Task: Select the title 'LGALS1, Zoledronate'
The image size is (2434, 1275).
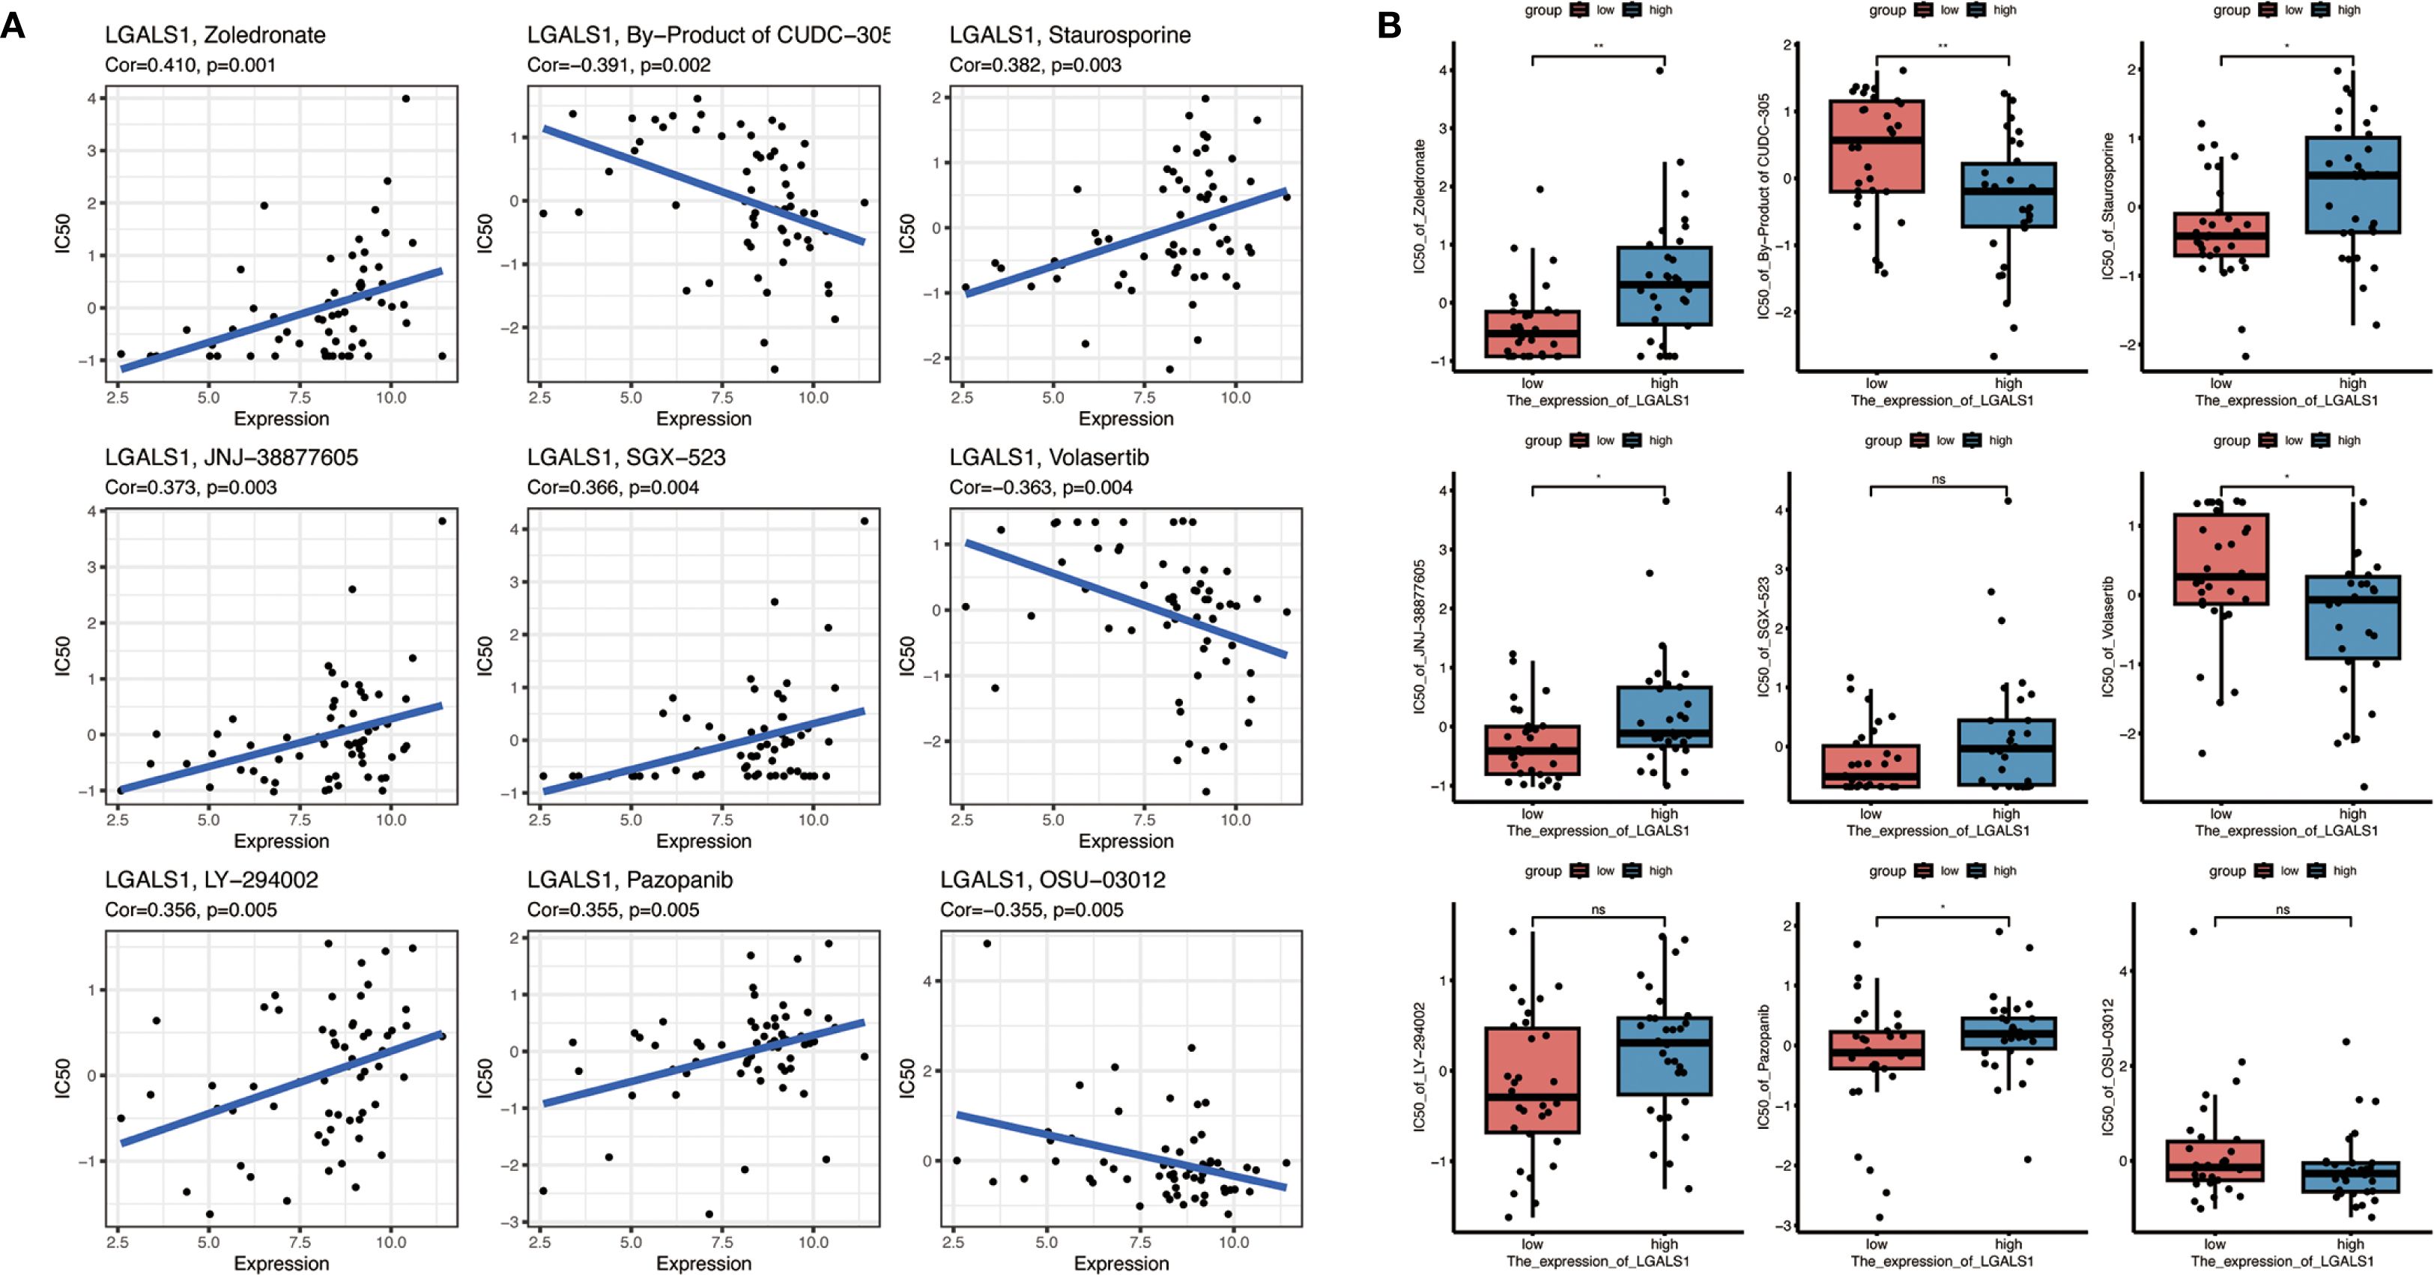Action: click(x=216, y=35)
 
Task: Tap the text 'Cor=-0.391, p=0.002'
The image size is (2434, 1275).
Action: click(x=619, y=65)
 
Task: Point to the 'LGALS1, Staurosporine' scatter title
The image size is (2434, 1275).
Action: click(x=1070, y=35)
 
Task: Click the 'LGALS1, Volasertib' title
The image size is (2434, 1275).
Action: click(x=1049, y=458)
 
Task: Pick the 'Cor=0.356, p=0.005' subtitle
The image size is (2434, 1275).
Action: click(x=191, y=910)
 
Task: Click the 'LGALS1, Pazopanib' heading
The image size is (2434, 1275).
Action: click(x=629, y=880)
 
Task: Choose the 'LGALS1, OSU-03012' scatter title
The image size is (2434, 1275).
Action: click(x=1053, y=880)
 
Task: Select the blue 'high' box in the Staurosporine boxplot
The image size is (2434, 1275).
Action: click(x=2352, y=184)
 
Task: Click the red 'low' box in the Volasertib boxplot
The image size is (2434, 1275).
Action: click(x=2220, y=557)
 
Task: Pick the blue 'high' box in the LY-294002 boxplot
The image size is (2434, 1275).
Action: click(x=1664, y=1056)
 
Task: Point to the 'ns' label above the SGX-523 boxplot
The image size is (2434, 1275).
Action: click(x=1938, y=479)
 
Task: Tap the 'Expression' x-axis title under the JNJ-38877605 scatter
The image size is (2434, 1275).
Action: click(x=282, y=841)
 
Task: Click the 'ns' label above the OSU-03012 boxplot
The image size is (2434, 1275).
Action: click(x=2283, y=910)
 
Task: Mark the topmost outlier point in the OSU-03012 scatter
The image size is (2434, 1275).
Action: click(x=987, y=943)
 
